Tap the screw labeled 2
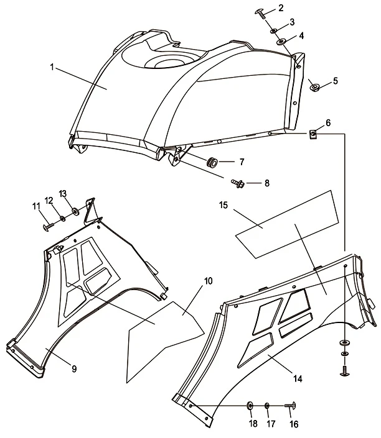[x=261, y=12]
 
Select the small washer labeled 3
[x=274, y=29]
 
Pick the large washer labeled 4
[x=282, y=42]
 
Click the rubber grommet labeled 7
[x=214, y=162]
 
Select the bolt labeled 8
[x=237, y=183]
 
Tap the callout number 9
[x=73, y=368]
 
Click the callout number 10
[x=208, y=281]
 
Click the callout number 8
[x=267, y=183]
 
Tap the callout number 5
[x=334, y=81]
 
